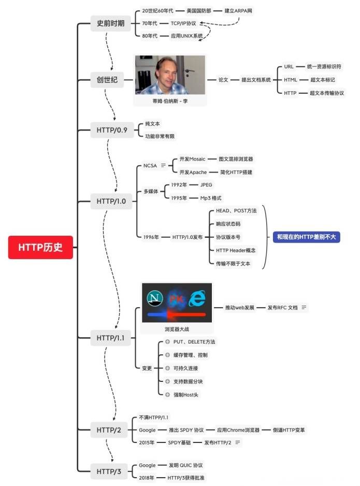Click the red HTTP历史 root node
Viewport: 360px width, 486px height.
[40, 247]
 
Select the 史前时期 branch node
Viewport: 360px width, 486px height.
[110, 23]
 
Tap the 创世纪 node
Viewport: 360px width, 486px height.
[107, 80]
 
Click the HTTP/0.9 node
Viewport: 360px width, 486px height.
[111, 130]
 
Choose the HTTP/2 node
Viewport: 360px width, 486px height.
[108, 429]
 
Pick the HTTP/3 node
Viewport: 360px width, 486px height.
[108, 471]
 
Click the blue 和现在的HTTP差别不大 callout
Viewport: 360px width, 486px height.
[307, 237]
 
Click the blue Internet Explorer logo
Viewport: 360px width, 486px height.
[197, 298]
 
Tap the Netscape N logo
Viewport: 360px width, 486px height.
[154, 298]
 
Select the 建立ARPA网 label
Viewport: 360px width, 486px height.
[239, 10]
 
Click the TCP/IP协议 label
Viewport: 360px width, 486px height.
[183, 23]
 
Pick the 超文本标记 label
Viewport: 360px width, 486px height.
[323, 80]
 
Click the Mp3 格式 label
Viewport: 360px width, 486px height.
[211, 198]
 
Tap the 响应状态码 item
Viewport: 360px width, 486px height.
[228, 224]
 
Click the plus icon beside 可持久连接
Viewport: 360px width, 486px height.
[167, 368]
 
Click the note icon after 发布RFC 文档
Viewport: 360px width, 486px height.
[304, 307]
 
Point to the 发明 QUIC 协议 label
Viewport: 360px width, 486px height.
[186, 465]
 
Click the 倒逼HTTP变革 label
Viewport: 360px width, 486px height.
[289, 430]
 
